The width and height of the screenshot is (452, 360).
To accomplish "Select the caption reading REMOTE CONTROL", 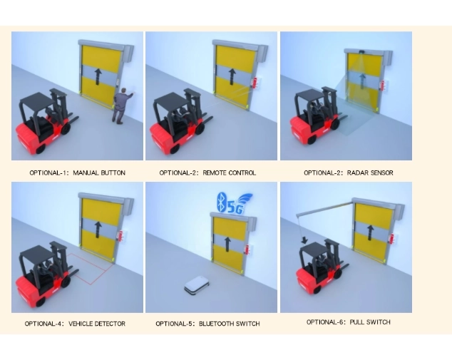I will click(207, 173).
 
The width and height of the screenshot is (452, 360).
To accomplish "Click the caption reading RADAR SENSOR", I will click(348, 173).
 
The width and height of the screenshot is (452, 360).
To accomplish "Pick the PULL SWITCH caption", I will click(348, 322).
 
